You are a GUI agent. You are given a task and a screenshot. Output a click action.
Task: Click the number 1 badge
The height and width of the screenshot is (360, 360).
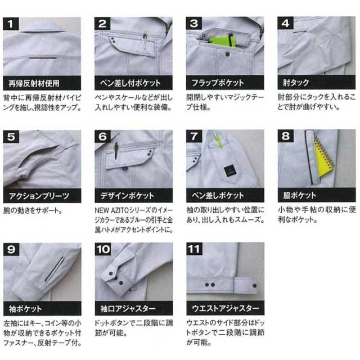(x=11, y=24)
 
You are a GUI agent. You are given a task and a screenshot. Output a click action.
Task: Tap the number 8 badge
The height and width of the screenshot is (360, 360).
(x=285, y=136)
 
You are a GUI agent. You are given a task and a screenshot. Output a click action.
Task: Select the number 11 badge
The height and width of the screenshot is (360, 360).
(x=194, y=249)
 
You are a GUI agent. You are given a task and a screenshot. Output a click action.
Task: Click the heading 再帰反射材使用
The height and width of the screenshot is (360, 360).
(x=34, y=83)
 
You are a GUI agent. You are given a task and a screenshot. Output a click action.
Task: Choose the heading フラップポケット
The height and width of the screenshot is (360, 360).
(x=218, y=83)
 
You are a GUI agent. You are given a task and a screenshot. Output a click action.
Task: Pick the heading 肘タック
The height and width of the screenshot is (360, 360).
(x=296, y=83)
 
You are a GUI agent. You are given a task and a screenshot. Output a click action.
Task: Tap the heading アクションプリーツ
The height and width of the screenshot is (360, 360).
(x=39, y=196)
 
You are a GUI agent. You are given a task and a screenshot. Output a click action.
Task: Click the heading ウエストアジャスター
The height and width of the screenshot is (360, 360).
(x=226, y=308)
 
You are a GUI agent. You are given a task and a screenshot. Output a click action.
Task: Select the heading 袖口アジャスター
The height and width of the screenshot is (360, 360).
(x=128, y=308)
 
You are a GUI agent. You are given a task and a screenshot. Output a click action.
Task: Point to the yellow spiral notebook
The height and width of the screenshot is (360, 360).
(x=324, y=159)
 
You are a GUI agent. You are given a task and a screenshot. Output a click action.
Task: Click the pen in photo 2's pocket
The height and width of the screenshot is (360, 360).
(x=145, y=41)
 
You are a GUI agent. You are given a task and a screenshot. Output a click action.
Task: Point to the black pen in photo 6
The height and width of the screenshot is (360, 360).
(x=116, y=151)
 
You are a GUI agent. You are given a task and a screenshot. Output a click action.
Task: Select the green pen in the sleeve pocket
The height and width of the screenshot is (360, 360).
(x=218, y=141)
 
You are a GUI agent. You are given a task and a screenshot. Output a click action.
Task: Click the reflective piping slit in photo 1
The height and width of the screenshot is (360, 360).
(x=43, y=58)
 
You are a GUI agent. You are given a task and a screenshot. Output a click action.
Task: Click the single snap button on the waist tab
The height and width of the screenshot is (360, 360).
(x=254, y=286)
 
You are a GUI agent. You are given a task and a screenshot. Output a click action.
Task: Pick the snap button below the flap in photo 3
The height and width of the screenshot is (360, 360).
(x=227, y=54)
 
